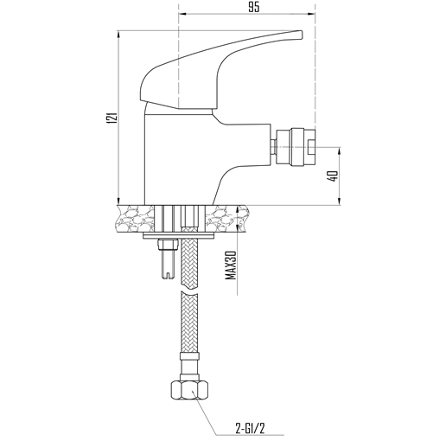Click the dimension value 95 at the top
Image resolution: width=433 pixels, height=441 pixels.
pos(254,7)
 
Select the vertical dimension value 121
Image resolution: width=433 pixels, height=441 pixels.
pos(112,118)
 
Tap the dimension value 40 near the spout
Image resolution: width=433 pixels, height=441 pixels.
pos(334,176)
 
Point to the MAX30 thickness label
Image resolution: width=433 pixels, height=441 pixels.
pos(231,265)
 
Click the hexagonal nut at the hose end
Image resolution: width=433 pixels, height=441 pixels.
pos(189,390)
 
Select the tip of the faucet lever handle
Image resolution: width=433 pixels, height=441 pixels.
pos(302,35)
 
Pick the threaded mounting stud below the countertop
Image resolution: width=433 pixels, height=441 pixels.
pos(167,258)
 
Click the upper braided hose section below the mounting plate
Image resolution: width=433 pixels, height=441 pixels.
pos(189,259)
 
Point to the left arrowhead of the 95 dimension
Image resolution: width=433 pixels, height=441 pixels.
pos(182,14)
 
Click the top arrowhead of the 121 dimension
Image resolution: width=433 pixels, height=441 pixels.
pos(118,34)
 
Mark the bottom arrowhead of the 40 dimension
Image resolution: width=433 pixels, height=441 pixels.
pos(340,201)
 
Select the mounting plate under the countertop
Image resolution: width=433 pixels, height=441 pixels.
pos(179,236)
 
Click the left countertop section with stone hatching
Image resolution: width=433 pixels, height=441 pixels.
pos(135,218)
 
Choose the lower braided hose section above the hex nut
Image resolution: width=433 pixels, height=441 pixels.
pos(189,322)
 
